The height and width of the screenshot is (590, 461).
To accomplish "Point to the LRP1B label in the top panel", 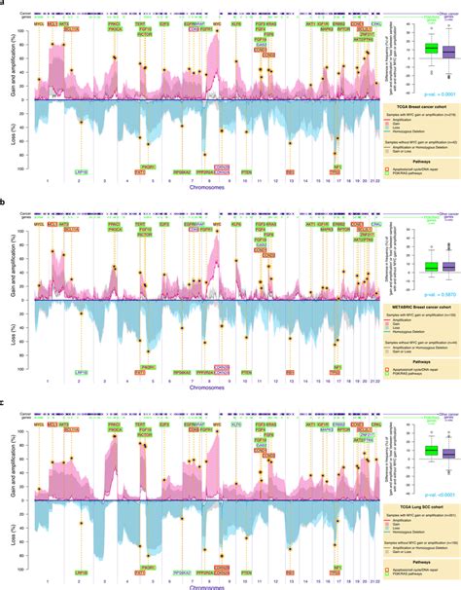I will (81, 170).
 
